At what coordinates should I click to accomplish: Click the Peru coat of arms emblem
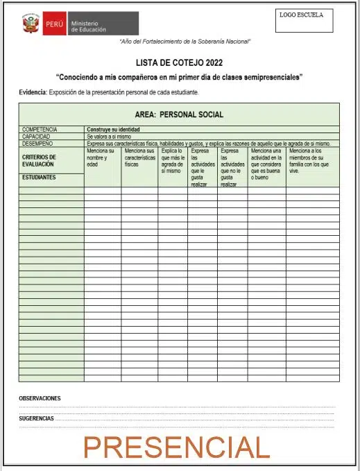point(31,24)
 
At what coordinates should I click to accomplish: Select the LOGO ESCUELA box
point(304,20)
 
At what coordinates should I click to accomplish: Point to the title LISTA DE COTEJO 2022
point(179,62)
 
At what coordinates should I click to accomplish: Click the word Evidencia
point(33,92)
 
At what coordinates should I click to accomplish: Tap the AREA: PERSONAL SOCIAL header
point(179,114)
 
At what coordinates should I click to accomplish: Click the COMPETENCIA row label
point(40,130)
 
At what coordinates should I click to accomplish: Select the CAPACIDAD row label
point(37,137)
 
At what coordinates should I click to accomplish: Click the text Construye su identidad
point(113,130)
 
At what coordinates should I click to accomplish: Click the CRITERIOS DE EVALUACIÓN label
point(39,161)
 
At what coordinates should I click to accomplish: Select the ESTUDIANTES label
point(39,177)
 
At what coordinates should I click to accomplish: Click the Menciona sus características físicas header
point(139,157)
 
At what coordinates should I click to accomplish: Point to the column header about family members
point(311,160)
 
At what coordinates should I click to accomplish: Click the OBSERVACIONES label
point(40,398)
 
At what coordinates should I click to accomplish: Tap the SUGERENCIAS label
point(37,419)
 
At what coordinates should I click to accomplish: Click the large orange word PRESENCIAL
point(176,448)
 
